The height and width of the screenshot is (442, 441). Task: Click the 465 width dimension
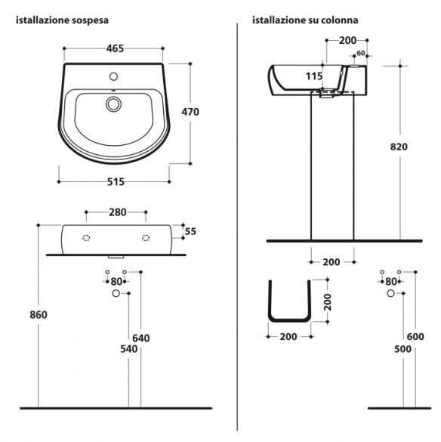click(115, 49)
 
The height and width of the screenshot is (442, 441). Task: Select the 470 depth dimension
click(190, 112)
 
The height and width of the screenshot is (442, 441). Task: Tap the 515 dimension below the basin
click(116, 182)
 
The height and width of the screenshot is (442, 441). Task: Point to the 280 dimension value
click(118, 212)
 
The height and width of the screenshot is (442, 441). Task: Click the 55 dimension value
click(190, 231)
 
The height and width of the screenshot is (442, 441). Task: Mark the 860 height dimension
click(39, 314)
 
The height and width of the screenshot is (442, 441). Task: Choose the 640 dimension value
click(141, 338)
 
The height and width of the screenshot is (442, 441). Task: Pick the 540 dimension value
click(129, 349)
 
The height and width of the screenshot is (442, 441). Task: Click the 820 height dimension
click(399, 147)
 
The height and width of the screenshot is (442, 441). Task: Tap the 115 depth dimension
click(314, 76)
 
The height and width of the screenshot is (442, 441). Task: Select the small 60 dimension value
click(361, 53)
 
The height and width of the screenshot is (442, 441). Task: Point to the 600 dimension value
click(415, 336)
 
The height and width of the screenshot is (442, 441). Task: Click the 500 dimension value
click(402, 349)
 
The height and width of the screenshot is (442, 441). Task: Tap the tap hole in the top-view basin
click(113, 76)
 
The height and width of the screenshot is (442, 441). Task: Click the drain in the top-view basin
click(113, 104)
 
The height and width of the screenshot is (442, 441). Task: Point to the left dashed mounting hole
click(86, 238)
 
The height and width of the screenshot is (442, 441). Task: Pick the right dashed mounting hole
click(146, 238)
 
